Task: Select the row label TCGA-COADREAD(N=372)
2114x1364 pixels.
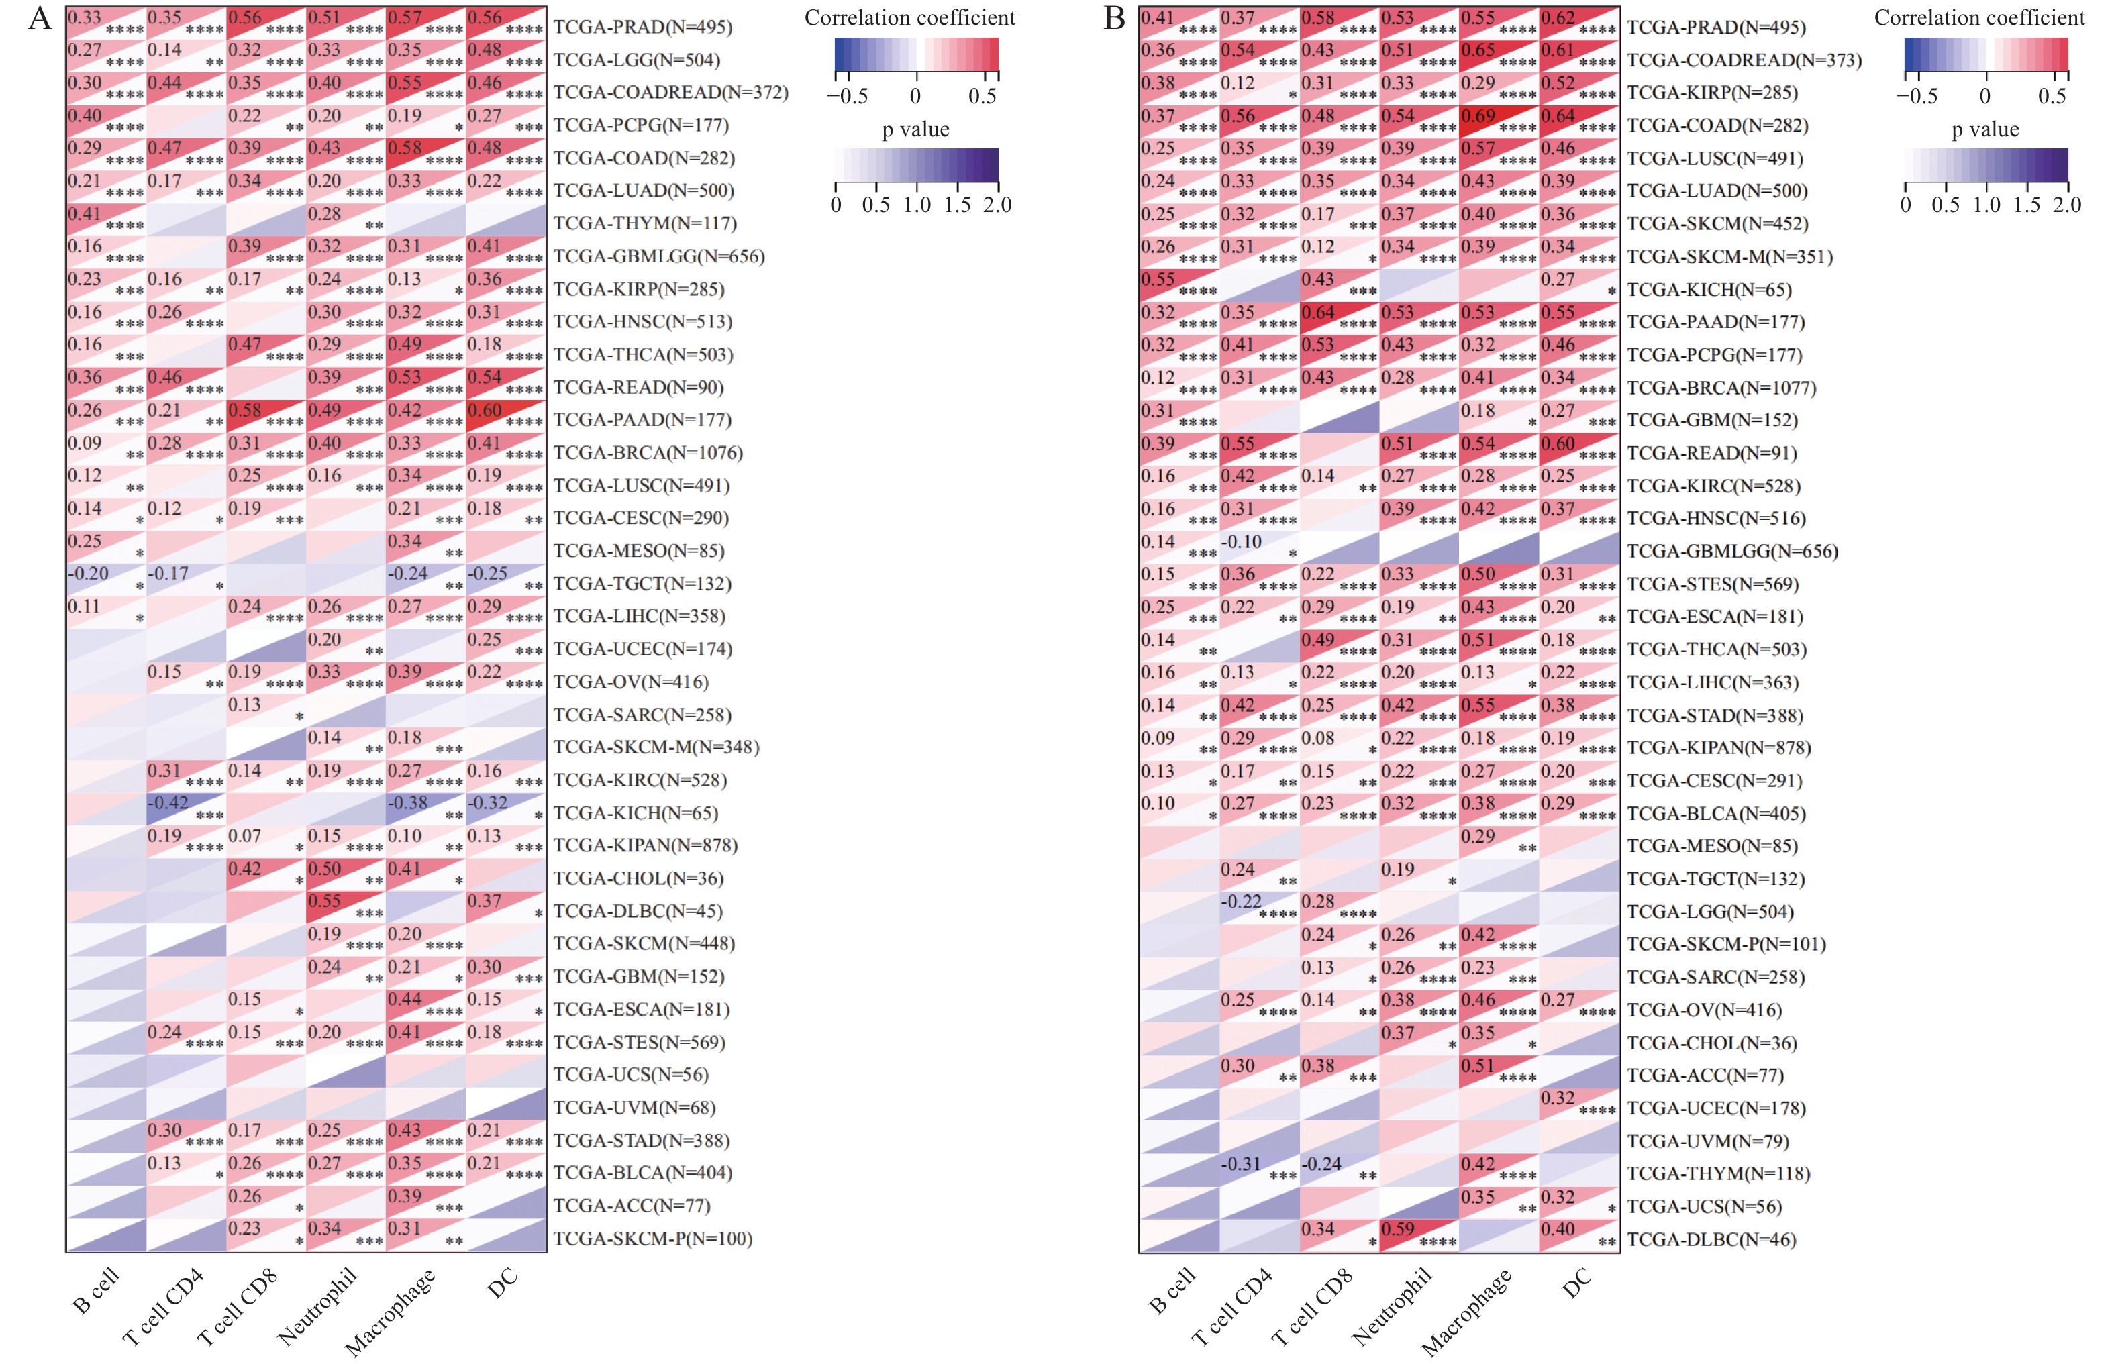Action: coord(670,92)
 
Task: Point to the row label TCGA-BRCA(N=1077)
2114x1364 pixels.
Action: coord(1721,387)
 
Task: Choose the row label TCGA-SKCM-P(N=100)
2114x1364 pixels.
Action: coord(652,1239)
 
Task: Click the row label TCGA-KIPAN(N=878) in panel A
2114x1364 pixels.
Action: coord(645,845)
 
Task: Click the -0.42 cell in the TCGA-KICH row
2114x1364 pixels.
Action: coord(186,812)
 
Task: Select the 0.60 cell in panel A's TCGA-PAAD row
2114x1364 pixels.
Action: coord(505,419)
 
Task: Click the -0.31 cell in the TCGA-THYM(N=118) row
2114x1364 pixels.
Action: coord(1259,1173)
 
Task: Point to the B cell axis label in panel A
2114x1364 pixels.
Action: coord(95,1292)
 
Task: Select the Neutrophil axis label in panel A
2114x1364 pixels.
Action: coord(316,1308)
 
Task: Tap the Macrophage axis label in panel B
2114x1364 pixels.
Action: coord(1466,1312)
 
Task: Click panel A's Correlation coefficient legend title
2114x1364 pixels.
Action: coord(909,17)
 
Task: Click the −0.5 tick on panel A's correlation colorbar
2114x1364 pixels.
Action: coord(847,96)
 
